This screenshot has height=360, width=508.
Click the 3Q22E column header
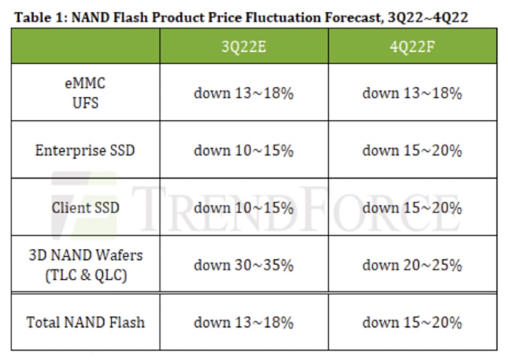(244, 47)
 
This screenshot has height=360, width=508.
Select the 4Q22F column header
(412, 47)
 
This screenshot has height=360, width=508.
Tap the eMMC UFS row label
(85, 93)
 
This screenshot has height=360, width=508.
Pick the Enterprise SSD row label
(85, 150)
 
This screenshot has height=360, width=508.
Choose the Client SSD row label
(86, 208)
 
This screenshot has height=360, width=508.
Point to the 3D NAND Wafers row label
(86, 265)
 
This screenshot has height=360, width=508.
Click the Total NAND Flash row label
(86, 323)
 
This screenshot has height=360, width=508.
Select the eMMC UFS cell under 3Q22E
(244, 93)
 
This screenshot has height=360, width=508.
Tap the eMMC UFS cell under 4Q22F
(412, 93)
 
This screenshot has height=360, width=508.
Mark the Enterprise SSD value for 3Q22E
(244, 150)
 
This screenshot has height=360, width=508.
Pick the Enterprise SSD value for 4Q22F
(412, 150)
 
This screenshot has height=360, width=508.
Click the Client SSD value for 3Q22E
(244, 208)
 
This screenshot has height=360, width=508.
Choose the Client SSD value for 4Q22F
(412, 208)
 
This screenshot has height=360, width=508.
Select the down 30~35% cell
(244, 265)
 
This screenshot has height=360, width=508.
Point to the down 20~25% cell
(412, 265)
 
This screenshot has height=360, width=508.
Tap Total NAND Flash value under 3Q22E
(244, 323)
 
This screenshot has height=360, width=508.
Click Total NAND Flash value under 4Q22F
(412, 323)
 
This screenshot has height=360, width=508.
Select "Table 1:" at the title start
(41, 17)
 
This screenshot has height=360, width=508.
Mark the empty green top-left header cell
(86, 46)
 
